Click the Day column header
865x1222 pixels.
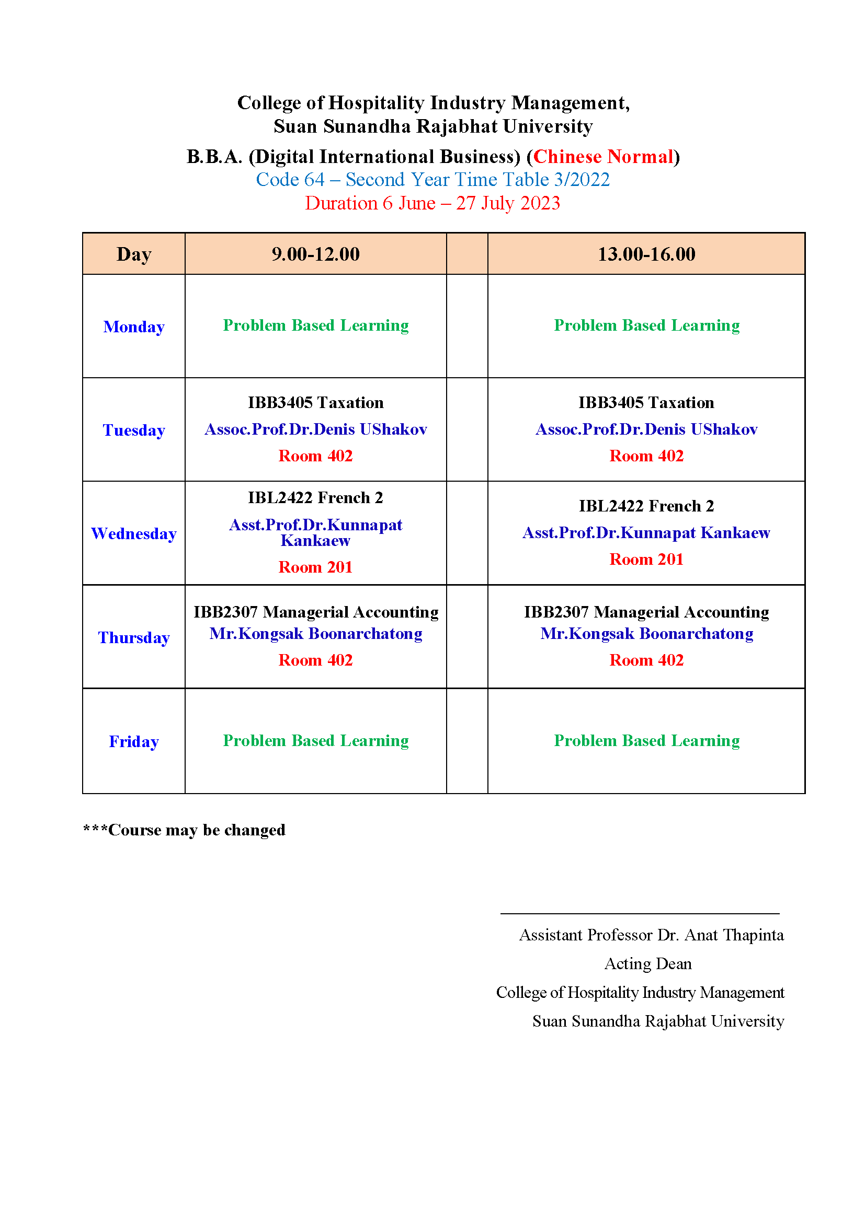pos(134,254)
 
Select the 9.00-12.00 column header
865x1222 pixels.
pos(315,254)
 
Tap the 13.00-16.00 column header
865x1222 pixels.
pos(646,254)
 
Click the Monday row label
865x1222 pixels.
pos(134,326)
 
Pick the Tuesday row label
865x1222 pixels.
pos(134,429)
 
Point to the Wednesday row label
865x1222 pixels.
pos(134,533)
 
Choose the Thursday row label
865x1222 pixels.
pos(134,637)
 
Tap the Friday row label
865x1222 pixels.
pos(134,741)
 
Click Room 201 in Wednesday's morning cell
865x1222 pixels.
pos(315,567)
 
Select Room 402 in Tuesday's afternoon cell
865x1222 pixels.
pos(646,456)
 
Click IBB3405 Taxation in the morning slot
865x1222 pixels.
pos(315,402)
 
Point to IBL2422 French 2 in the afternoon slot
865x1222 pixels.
pos(646,506)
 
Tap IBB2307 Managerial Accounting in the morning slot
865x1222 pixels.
pos(315,612)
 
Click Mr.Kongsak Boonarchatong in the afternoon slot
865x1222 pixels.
pos(646,633)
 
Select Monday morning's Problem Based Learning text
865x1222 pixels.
pos(315,325)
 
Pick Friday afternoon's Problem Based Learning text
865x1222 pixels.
pos(646,740)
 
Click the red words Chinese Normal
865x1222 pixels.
pos(604,157)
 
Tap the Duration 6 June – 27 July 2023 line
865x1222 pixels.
pos(432,203)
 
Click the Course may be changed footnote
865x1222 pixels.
pos(184,830)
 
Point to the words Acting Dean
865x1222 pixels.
pos(647,963)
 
